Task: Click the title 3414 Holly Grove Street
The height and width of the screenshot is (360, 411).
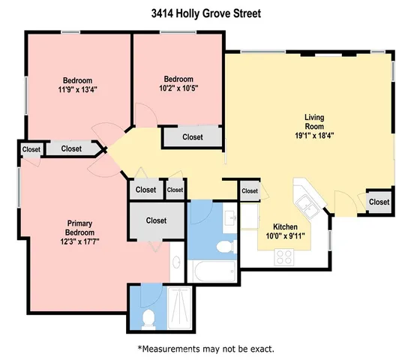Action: [205, 13]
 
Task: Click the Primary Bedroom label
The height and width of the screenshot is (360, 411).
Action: [80, 228]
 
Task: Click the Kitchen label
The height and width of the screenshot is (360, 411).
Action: [286, 226]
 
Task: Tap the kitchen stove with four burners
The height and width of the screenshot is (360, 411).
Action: [285, 256]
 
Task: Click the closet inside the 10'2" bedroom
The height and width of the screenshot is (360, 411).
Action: [193, 137]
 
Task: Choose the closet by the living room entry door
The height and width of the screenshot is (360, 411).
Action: [379, 202]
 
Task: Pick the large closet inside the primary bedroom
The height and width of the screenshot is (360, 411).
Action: [156, 220]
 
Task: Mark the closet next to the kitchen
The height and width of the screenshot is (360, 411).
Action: [250, 192]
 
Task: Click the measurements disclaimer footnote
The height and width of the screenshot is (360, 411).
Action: [205, 349]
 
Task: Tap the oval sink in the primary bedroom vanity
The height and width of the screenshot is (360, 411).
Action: [175, 265]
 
